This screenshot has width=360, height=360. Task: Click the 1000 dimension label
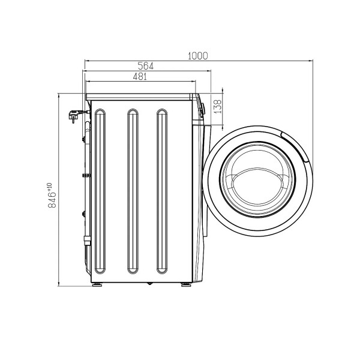[197, 56]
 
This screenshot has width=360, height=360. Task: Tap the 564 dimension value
[146, 66]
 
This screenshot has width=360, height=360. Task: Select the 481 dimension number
[140, 76]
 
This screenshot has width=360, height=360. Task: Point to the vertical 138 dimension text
[217, 106]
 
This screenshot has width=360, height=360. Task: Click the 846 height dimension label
[52, 200]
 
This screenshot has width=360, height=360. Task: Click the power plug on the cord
[74, 115]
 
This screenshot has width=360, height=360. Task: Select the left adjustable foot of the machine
[97, 284]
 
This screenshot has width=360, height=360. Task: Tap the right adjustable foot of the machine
[186, 284]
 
